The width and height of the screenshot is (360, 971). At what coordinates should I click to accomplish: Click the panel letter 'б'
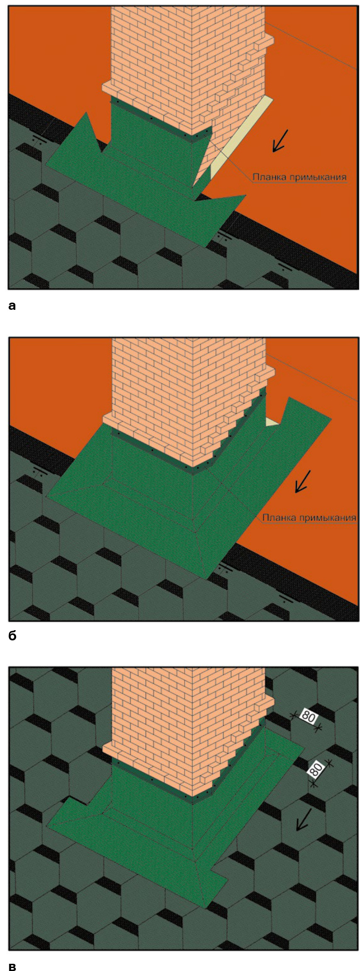(x=12, y=635)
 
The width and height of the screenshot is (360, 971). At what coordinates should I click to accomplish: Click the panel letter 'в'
(x=12, y=966)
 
